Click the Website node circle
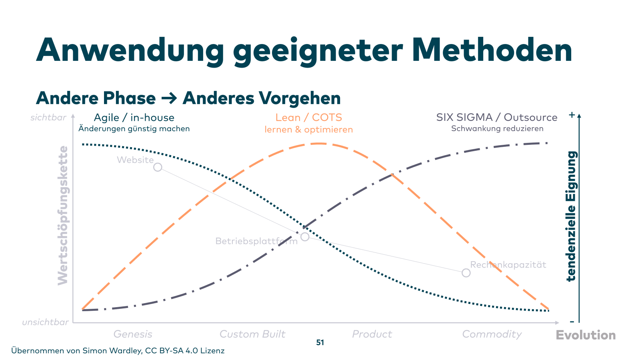(158, 167)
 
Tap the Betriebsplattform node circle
(305, 237)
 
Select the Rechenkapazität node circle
(466, 273)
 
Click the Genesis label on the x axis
(133, 334)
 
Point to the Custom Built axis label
(252, 334)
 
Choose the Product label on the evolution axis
(372, 334)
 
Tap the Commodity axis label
(492, 334)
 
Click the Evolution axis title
(586, 335)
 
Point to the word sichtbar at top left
(48, 118)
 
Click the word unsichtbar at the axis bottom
(45, 322)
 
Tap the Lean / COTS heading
(308, 118)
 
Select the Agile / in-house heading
(134, 118)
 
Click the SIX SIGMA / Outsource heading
(496, 117)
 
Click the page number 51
(320, 342)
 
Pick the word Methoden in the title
(492, 50)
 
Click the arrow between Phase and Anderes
(169, 98)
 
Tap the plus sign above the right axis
(572, 115)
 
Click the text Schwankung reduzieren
(497, 128)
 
